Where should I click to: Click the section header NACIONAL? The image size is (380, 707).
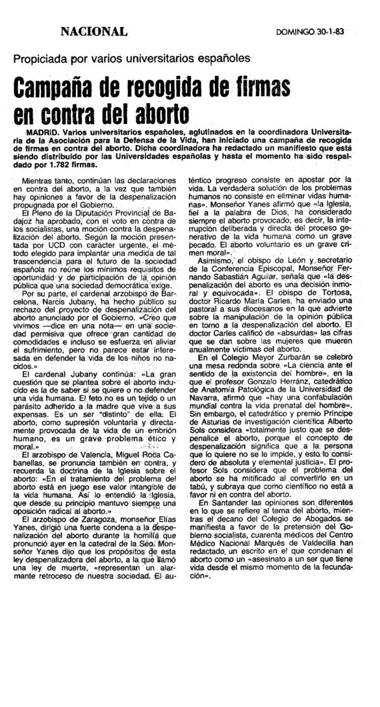tap(94, 32)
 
